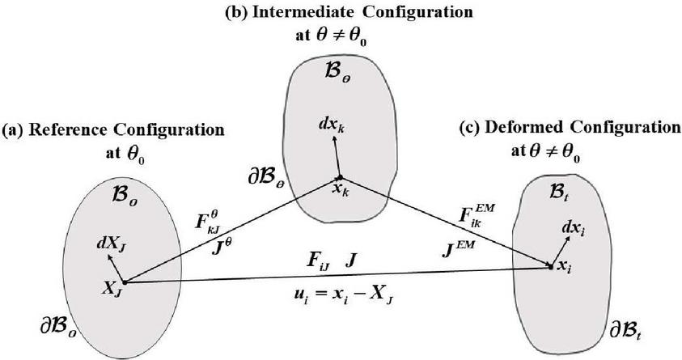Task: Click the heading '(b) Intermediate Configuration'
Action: click(x=341, y=13)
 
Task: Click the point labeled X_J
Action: click(x=122, y=282)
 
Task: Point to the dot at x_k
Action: click(x=341, y=178)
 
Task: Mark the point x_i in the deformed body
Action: click(x=551, y=266)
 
